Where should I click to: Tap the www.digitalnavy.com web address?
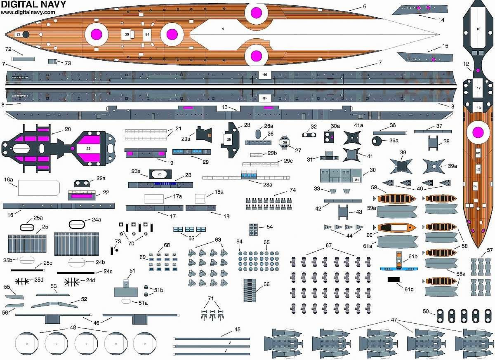pos(28,12)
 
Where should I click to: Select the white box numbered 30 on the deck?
pos(127,35)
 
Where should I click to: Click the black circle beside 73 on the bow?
pos(26,35)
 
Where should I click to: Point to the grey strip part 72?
pos(23,59)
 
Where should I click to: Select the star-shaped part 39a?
pos(434,167)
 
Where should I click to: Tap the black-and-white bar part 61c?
pos(395,280)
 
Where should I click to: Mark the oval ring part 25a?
pos(27,227)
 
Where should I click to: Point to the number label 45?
pos(237,329)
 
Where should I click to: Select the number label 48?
pos(73,327)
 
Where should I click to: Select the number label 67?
pos(328,246)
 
